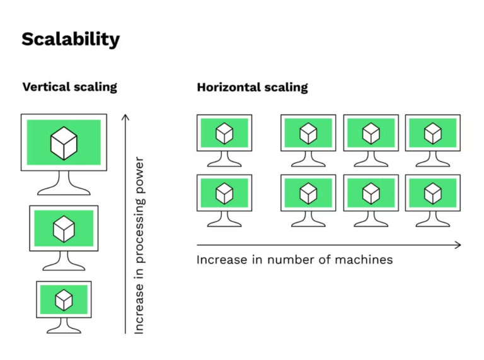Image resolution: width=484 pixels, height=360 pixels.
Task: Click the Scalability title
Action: pyautogui.click(x=71, y=39)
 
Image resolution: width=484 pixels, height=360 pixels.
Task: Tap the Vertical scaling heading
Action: pyautogui.click(x=70, y=87)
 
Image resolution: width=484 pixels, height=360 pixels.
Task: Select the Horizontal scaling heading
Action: pyautogui.click(x=252, y=87)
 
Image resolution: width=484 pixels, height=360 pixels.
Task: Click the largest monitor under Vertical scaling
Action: pyautogui.click(x=64, y=142)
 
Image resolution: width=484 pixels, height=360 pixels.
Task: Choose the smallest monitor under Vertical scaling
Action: pyautogui.click(x=64, y=299)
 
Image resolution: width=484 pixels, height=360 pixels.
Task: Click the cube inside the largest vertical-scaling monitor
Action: pyautogui.click(x=64, y=142)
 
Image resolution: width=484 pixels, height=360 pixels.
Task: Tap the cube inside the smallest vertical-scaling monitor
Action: pyautogui.click(x=64, y=299)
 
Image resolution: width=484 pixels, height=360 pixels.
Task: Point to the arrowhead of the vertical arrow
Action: pyautogui.click(x=125, y=116)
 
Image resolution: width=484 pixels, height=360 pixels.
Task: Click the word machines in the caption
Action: pyautogui.click(x=364, y=260)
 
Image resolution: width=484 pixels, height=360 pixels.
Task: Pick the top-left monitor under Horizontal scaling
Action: pyautogui.click(x=224, y=133)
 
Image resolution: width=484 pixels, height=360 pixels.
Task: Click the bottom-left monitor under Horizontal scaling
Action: pyautogui.click(x=224, y=193)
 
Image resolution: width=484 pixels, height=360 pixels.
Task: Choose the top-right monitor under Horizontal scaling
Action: pyautogui.click(x=432, y=133)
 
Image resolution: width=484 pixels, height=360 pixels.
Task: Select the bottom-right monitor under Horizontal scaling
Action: pyautogui.click(x=432, y=193)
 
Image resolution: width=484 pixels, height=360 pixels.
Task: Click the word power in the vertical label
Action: pyautogui.click(x=139, y=173)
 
